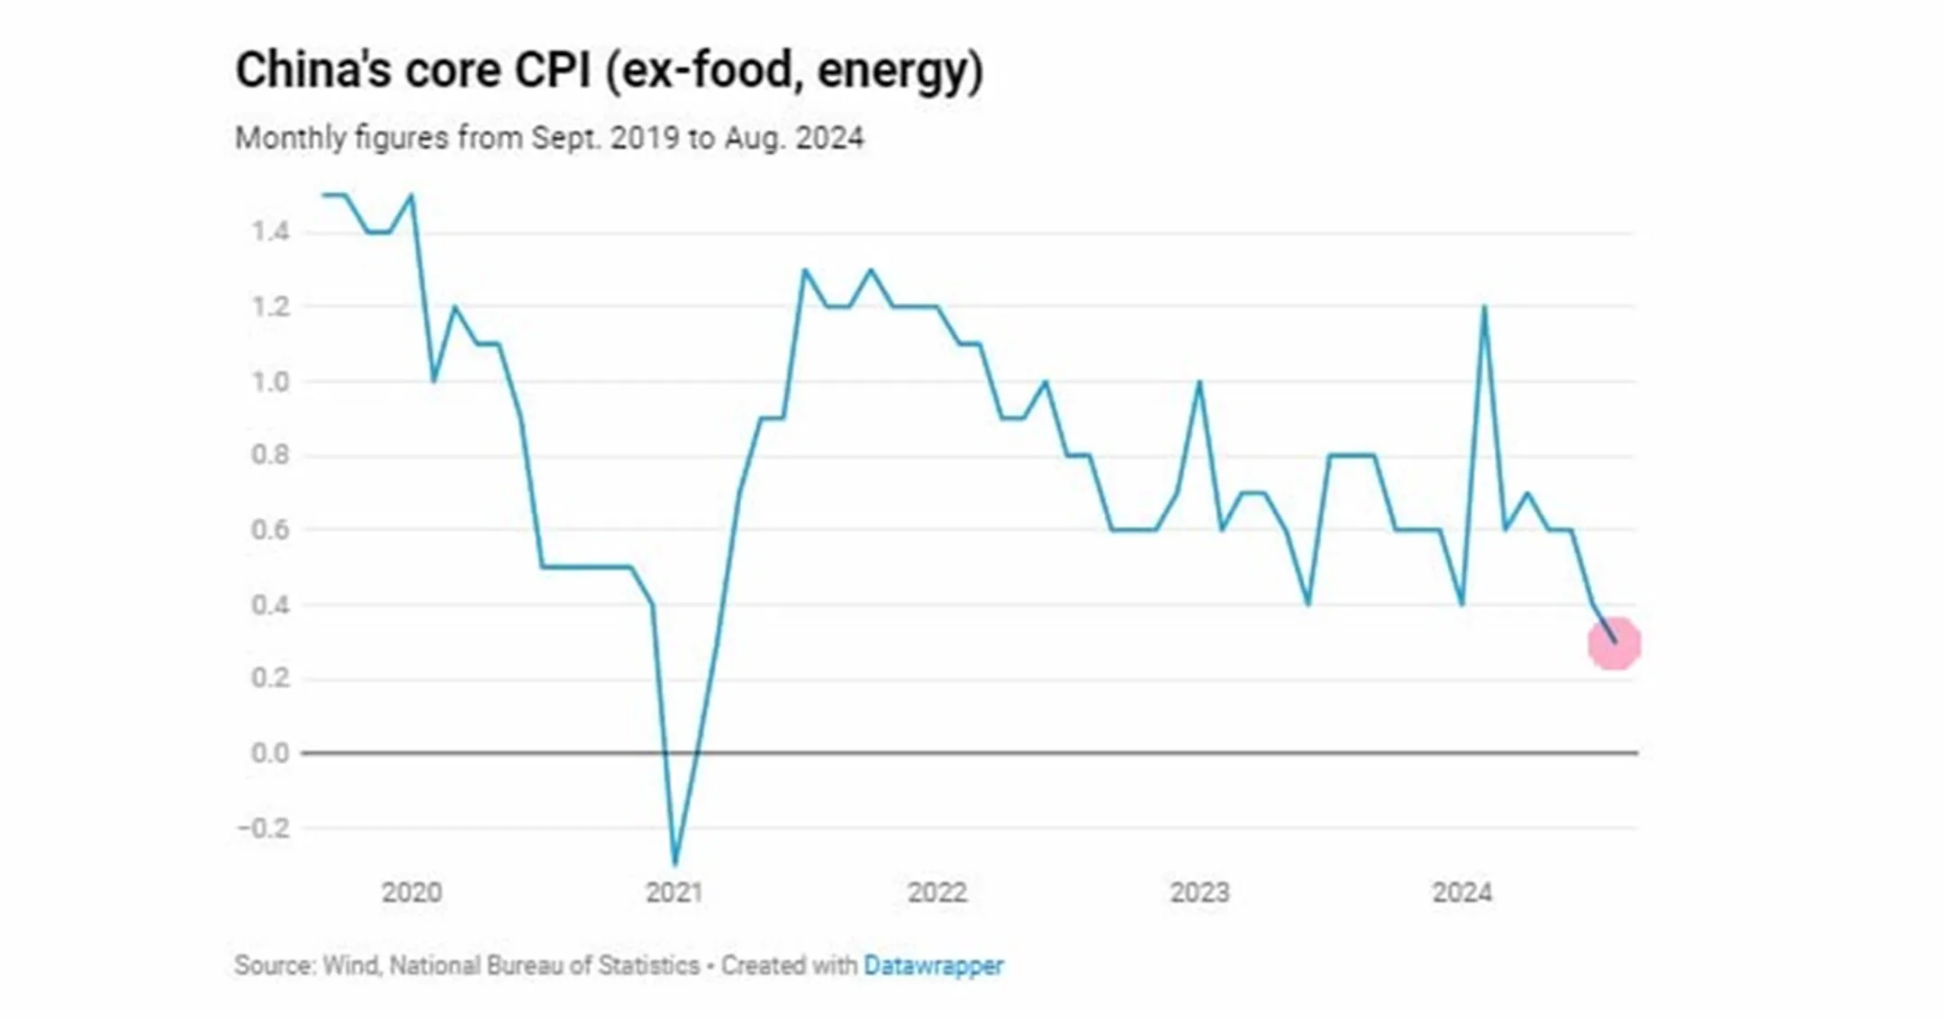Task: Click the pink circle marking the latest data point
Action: (1614, 643)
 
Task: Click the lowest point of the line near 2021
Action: (674, 863)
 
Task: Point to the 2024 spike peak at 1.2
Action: (1483, 308)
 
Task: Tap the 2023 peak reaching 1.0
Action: (1199, 383)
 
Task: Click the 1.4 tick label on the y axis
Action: (270, 232)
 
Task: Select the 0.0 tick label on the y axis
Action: (270, 752)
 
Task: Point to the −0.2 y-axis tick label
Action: (265, 827)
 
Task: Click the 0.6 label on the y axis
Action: (270, 530)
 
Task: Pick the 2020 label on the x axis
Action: (412, 893)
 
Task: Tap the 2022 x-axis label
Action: (936, 893)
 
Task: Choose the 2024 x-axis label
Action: (1461, 893)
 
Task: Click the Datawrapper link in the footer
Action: (933, 966)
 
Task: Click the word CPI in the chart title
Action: (552, 70)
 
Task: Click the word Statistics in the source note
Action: (648, 966)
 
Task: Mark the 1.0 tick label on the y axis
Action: (270, 382)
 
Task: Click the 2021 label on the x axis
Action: (674, 893)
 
